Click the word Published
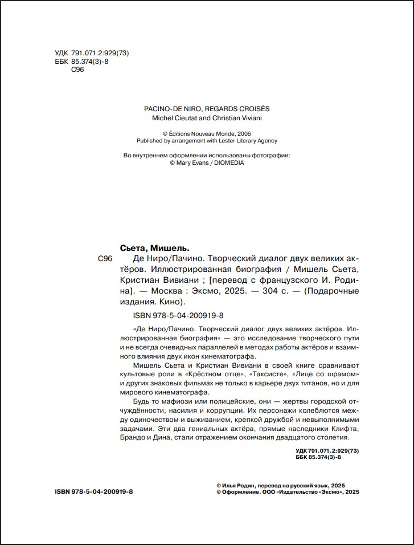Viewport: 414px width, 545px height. point(150,140)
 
